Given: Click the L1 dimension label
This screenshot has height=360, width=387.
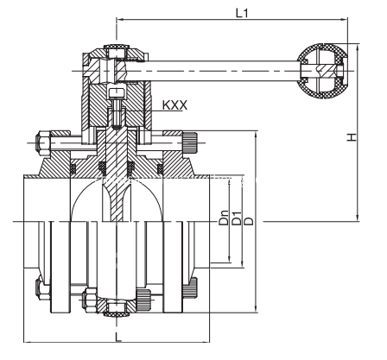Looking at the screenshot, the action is click(x=242, y=13).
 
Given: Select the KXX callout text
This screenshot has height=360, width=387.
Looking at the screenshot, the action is click(x=174, y=105).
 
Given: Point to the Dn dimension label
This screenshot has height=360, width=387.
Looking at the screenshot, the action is click(x=224, y=218).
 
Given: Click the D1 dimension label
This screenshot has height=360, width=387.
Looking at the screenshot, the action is click(x=236, y=218).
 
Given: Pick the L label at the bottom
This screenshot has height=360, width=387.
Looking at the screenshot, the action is click(x=118, y=337).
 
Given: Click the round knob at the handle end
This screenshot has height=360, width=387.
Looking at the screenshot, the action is click(x=321, y=72).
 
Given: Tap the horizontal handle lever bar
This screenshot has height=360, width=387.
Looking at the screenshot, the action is click(x=222, y=71).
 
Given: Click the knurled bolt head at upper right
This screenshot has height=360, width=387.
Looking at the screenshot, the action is click(x=190, y=142).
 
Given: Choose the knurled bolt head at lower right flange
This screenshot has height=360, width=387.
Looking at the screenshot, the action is click(x=190, y=288).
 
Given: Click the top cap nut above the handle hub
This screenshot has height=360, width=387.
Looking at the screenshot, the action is click(x=117, y=52).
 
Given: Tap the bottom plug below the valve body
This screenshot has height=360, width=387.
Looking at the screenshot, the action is click(x=117, y=307).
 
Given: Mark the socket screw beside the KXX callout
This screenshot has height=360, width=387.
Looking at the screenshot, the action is click(x=117, y=108).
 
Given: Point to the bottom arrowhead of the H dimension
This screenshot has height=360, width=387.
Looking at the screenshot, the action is click(x=358, y=218).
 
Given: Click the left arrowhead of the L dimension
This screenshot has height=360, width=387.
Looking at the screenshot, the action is click(x=28, y=342).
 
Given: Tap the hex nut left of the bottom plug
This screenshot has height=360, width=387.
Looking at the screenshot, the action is click(x=89, y=300).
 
